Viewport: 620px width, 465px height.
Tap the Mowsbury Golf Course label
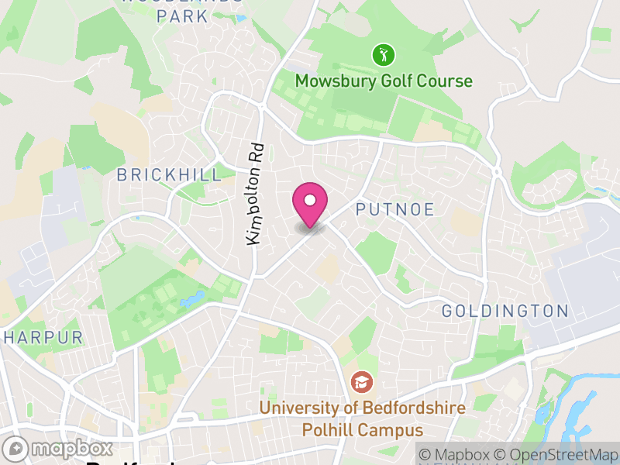click(384, 81)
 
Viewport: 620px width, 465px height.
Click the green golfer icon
click(383, 55)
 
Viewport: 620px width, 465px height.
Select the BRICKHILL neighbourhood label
click(169, 175)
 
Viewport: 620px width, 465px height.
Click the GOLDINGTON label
click(505, 312)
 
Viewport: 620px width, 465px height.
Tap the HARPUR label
click(43, 338)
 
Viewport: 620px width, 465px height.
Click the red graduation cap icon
click(360, 381)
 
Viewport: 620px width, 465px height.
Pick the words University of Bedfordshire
click(362, 408)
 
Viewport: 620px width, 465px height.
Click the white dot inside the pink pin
click(310, 200)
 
